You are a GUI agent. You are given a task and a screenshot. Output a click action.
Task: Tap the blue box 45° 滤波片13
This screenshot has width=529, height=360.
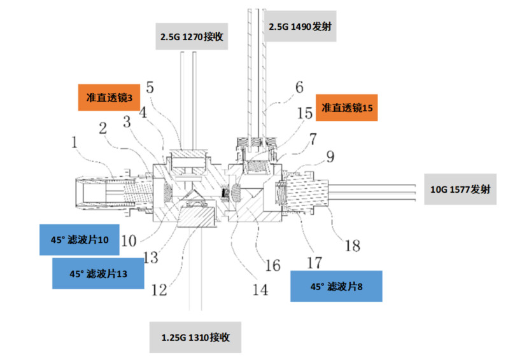pyautogui.click(x=98, y=274)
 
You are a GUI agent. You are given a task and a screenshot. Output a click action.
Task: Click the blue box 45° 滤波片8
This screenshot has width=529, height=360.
pyautogui.click(x=335, y=286)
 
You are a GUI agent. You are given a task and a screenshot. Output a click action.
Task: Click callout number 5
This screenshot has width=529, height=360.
pyautogui.click(x=150, y=87)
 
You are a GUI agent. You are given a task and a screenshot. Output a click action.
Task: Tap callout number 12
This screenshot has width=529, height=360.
pyautogui.click(x=159, y=289)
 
